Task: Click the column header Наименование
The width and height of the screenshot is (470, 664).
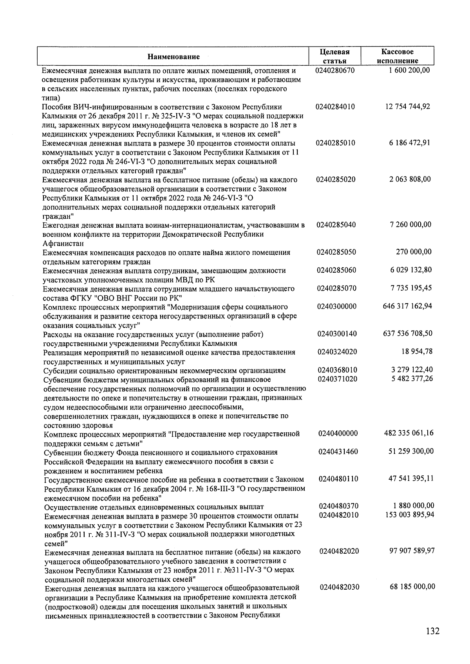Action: click(174, 56)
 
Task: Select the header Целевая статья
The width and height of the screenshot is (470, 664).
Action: click(334, 56)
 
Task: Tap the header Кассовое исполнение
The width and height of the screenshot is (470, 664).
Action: click(398, 56)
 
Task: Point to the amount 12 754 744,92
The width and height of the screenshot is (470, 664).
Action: click(407, 106)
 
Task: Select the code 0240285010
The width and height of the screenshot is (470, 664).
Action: click(336, 143)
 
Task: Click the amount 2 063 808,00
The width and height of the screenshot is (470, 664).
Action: click(410, 179)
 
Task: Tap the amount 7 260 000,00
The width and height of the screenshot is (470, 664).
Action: click(410, 225)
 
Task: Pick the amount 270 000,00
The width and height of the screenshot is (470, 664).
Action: click(414, 252)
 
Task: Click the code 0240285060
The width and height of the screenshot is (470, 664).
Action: click(336, 270)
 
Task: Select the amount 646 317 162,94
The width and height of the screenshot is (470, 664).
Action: click(407, 306)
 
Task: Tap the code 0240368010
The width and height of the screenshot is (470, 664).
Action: click(338, 370)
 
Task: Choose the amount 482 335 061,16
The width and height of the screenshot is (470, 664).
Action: click(409, 433)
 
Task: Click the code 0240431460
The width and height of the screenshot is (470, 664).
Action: click(338, 452)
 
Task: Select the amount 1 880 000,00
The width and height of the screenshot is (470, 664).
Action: click(413, 506)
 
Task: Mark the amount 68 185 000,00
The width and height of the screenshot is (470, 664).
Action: click(412, 587)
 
